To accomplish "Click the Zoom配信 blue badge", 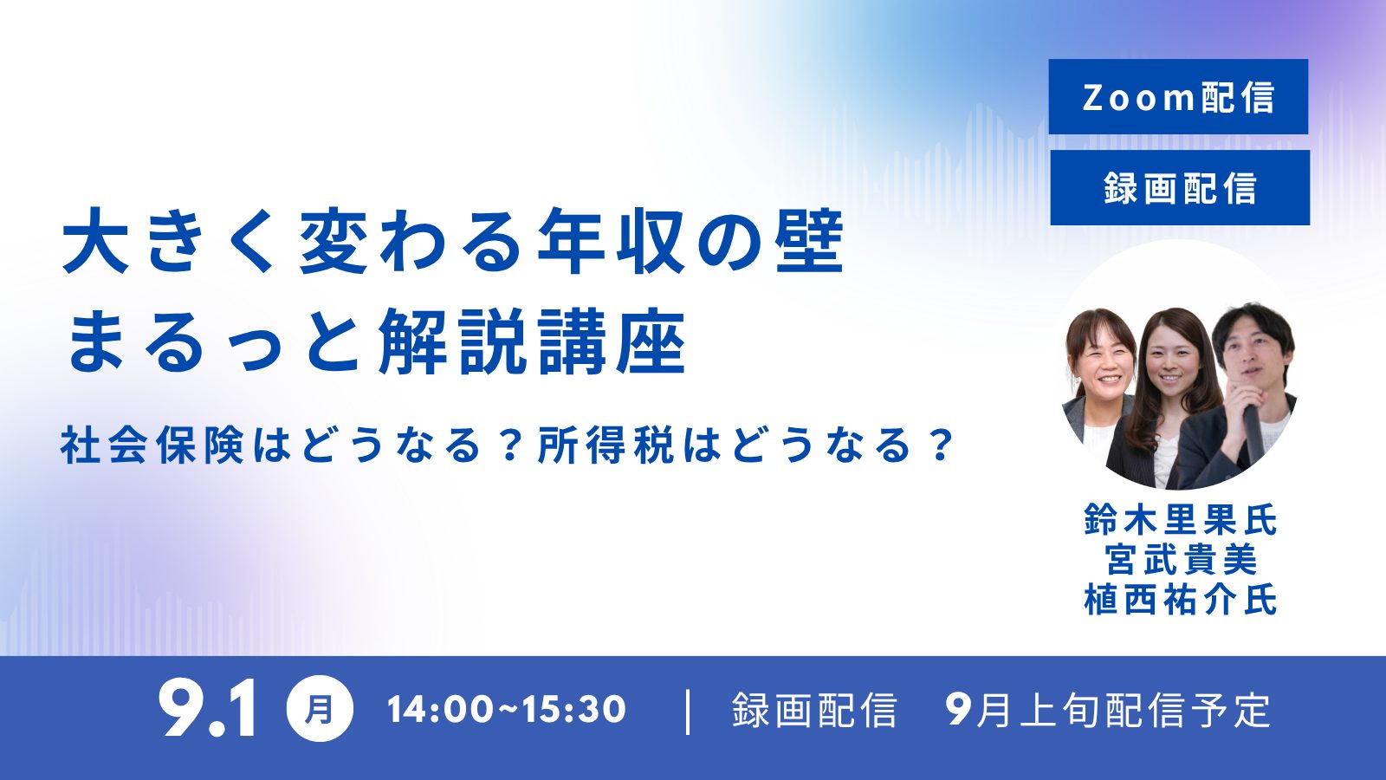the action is (1178, 96).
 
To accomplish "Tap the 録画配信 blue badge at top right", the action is (1180, 187).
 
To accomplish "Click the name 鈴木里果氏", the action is (1181, 519).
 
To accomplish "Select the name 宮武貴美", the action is (1181, 559).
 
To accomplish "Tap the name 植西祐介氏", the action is (1181, 599).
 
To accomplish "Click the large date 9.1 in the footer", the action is (207, 710).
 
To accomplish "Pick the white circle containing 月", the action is (320, 710).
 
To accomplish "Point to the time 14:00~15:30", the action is (506, 710).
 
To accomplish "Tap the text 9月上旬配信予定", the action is (1108, 710).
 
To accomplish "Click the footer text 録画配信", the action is (814, 710).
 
